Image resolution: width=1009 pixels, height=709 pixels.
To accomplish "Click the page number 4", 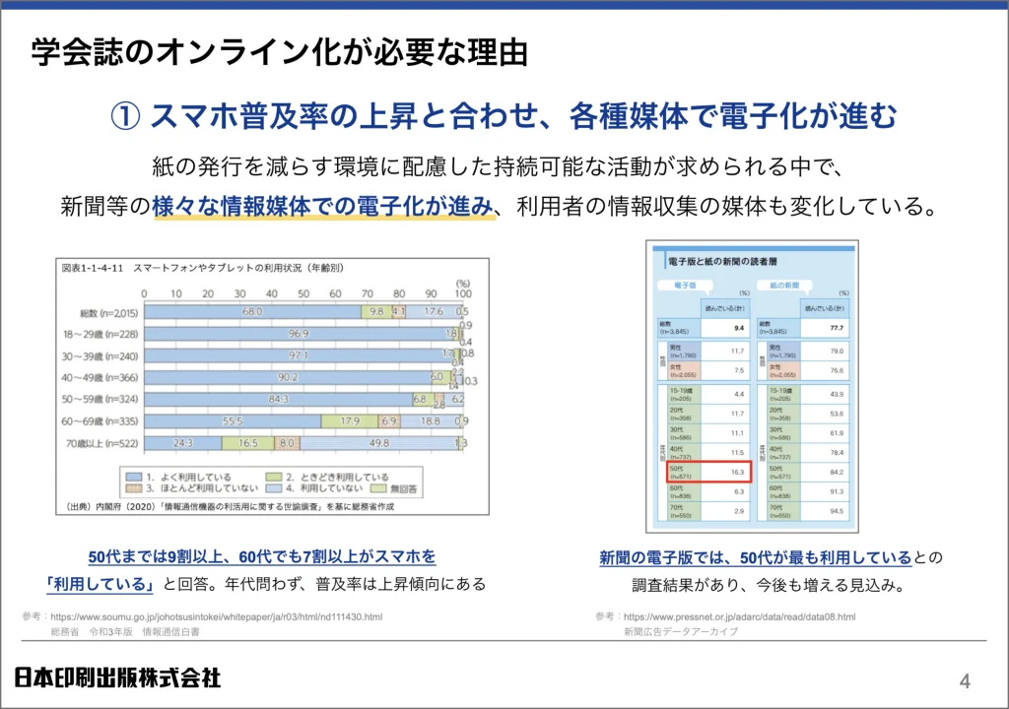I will tap(965, 680).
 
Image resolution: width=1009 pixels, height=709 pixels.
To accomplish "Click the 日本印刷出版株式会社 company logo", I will tap(117, 677).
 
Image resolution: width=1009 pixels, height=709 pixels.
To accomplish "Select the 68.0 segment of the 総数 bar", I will tap(252, 311).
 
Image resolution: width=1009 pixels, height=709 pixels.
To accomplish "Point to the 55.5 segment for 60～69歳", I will tap(233, 421).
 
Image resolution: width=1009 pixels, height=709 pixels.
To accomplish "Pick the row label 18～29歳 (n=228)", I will tap(100, 334).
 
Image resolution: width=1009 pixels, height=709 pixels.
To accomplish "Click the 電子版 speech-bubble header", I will tap(686, 285).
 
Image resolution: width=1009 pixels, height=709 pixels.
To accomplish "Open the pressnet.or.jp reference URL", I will tap(739, 616).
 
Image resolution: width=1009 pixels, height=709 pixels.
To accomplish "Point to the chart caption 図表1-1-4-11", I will tap(90, 268).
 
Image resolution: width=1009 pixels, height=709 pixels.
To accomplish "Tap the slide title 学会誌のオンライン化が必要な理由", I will tap(279, 52).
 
